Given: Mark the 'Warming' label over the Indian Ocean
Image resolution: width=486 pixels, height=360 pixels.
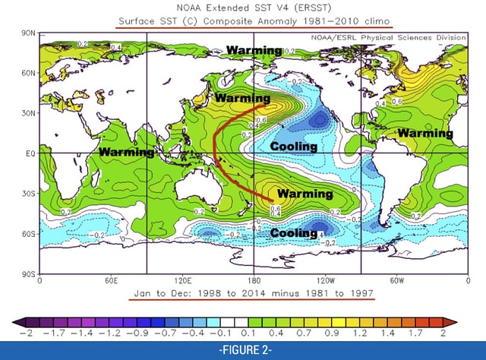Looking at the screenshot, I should tap(126, 153).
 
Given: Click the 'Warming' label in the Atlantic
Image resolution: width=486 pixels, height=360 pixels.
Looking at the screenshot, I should tap(424, 133).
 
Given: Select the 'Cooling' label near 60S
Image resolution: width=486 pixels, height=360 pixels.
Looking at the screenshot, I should tap(294, 233).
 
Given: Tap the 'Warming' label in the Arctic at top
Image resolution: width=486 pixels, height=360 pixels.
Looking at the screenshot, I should tap(253, 52).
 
